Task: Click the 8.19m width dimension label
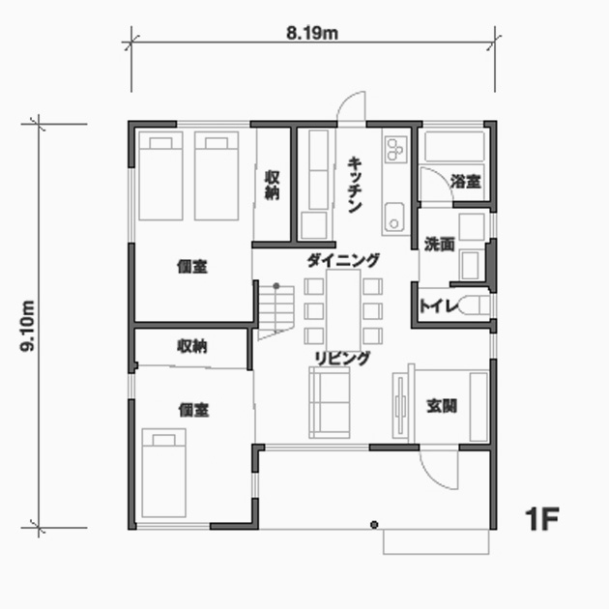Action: click(x=312, y=34)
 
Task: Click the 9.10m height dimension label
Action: click(x=28, y=326)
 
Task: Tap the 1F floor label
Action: click(x=542, y=519)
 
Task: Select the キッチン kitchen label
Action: click(x=355, y=185)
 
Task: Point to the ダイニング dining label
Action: click(x=343, y=260)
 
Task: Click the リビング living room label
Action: click(x=342, y=358)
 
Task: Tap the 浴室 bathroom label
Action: click(x=466, y=182)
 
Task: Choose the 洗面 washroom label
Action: click(x=439, y=245)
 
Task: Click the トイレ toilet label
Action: click(x=439, y=306)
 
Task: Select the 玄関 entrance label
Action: click(x=442, y=406)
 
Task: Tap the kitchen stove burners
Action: click(x=395, y=149)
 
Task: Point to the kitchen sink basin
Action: click(x=394, y=217)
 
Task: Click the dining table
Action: click(x=343, y=310)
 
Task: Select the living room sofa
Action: click(x=330, y=402)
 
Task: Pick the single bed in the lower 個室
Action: click(x=163, y=473)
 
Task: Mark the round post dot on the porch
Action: click(x=374, y=525)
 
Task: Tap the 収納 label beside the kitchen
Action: click(x=272, y=185)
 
